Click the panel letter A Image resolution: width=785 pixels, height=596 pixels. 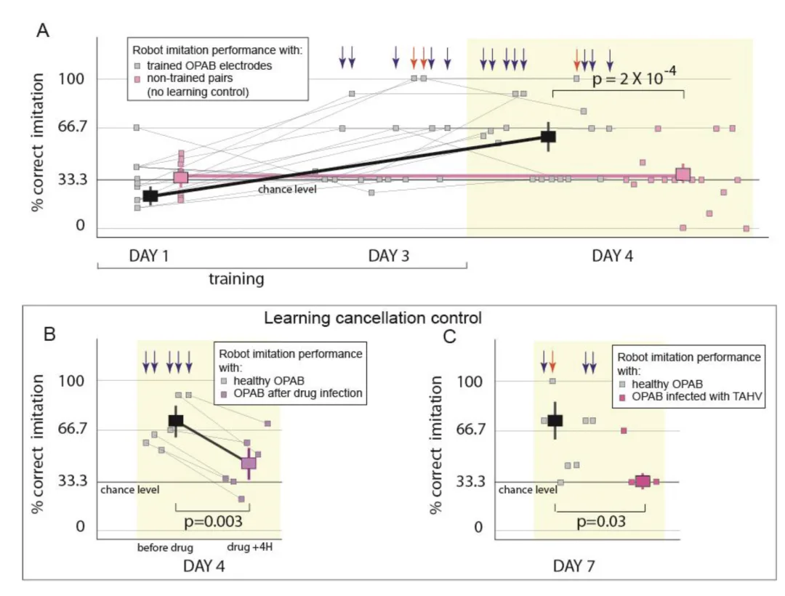coord(43,31)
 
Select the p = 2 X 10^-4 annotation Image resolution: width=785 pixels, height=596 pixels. coord(634,77)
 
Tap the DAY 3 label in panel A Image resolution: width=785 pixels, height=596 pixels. coord(388,256)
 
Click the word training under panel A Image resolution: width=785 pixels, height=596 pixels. coord(236,278)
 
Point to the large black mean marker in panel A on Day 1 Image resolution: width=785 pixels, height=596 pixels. coord(150,196)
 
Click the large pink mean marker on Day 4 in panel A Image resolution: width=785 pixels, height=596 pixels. coord(683,174)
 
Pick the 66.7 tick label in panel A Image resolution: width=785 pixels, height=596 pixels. coord(73,126)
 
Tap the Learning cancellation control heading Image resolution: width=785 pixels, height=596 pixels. coord(373,318)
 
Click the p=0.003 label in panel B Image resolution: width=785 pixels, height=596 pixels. coord(213,521)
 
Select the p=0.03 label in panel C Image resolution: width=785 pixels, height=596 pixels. coord(601,521)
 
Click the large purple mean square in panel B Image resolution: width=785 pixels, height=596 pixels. coord(249,463)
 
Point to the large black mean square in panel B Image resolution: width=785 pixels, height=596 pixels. coord(176,420)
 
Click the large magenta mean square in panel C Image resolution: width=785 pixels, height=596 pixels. coord(643,481)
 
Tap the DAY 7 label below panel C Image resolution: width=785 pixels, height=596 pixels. coord(573,566)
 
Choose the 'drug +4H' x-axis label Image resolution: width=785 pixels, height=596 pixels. coord(250,547)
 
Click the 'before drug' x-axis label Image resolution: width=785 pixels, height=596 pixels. coord(165,547)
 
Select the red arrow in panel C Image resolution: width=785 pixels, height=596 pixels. coord(552,361)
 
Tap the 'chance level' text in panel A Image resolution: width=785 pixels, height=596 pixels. coord(287,189)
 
